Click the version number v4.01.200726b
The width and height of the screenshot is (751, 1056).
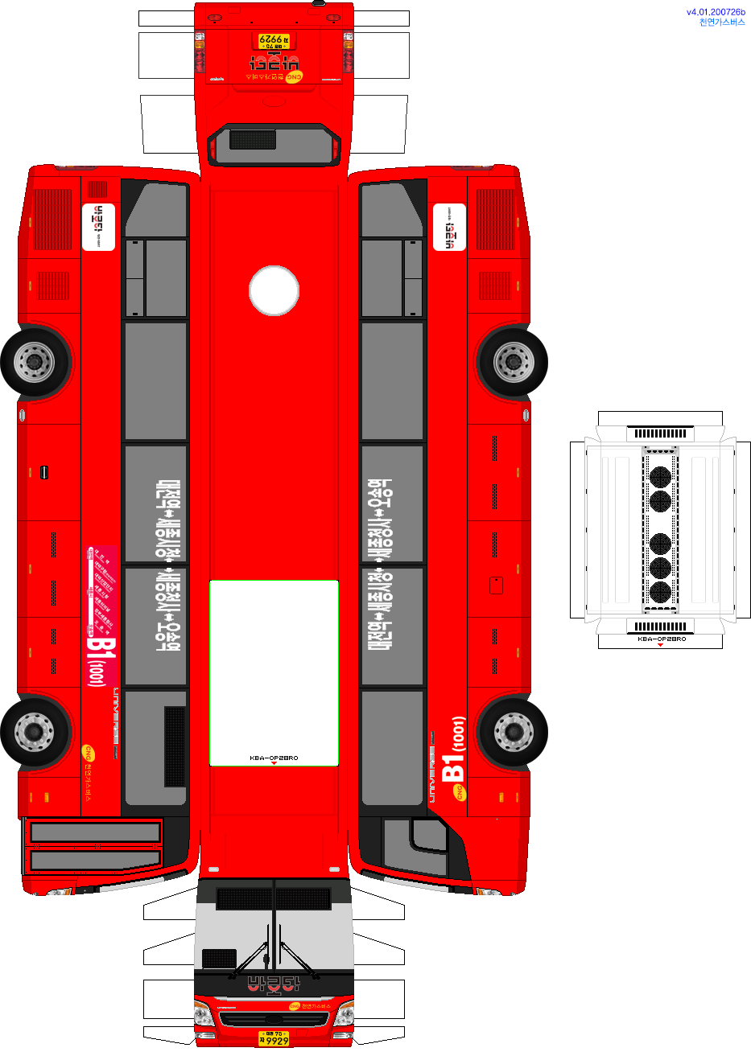click(x=716, y=12)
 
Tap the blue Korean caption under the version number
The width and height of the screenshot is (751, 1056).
click(x=722, y=23)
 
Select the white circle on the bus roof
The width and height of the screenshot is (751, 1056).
click(x=274, y=290)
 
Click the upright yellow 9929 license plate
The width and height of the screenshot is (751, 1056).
click(x=274, y=1038)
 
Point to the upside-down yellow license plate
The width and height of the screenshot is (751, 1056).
click(x=274, y=40)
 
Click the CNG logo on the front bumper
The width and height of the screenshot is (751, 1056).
click(x=295, y=1005)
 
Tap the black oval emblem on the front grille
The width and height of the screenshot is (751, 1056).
click(x=274, y=1020)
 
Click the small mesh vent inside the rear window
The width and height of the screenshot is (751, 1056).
click(x=253, y=139)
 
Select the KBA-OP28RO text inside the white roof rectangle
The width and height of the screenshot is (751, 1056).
click(x=274, y=758)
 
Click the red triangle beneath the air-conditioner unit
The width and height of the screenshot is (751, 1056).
click(x=660, y=645)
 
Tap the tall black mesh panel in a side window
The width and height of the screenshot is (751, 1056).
click(x=175, y=746)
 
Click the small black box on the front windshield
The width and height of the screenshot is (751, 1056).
click(x=219, y=958)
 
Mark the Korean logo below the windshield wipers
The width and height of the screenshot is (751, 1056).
click(x=274, y=983)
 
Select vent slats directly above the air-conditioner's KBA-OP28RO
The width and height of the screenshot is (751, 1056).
click(x=660, y=627)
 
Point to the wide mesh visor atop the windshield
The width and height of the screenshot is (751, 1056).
click(x=274, y=898)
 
